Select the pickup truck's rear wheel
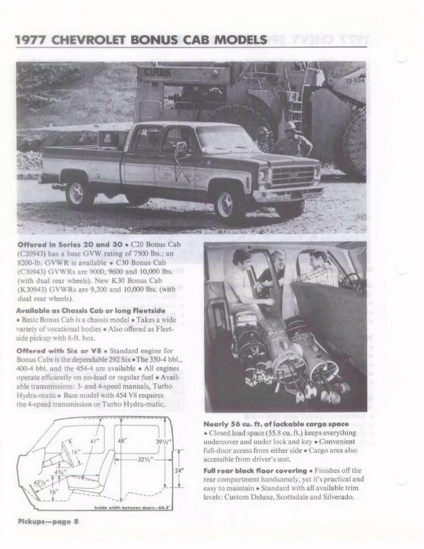tap(80, 194)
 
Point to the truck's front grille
tap(291, 176)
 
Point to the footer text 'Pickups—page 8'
tap(48, 523)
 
